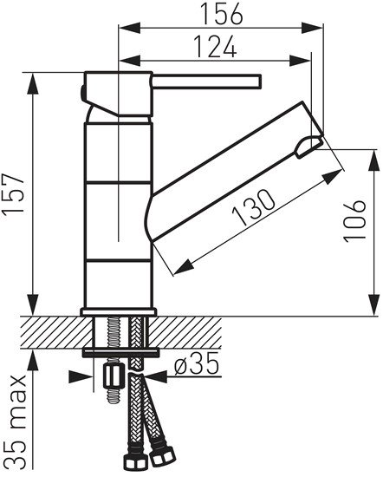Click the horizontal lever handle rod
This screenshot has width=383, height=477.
click(x=208, y=82)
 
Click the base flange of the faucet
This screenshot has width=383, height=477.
click(x=119, y=310)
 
